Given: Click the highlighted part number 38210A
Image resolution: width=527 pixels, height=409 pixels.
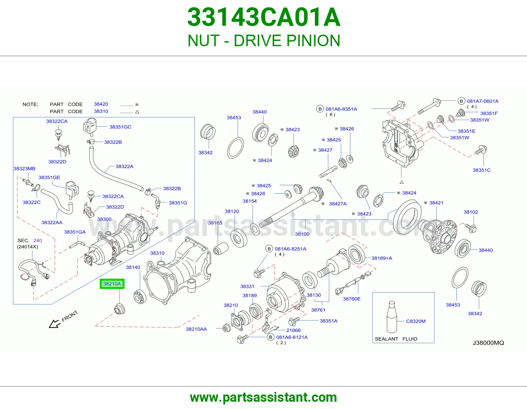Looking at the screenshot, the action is coord(112,284).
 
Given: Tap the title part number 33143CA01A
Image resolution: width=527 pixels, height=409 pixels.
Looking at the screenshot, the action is coord(264,17).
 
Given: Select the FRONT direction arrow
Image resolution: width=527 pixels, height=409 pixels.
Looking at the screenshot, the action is coord(55,324).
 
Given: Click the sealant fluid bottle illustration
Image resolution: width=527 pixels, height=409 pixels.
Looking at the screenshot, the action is coord(391,317).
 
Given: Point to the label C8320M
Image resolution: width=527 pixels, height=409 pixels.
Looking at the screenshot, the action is coord(416,321).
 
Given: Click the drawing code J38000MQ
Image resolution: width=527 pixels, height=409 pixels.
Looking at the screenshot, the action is coord(488,343).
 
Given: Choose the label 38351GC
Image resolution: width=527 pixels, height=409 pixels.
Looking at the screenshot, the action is coord(120,127).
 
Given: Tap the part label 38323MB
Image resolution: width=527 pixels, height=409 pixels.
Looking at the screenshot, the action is coord(24,169).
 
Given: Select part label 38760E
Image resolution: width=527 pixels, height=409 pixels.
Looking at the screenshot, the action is coord(352,299).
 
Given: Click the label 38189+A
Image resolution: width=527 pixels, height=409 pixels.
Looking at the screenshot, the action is coord(382,258).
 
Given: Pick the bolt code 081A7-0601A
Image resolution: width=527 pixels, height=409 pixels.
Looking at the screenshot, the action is coord(483,101).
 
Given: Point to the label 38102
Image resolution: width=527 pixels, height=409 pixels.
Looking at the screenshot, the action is coord(471,212).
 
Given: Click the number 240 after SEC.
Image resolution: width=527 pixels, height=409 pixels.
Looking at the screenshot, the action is coord(38,240).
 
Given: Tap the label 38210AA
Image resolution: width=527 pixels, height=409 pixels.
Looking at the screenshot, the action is coord(196,329).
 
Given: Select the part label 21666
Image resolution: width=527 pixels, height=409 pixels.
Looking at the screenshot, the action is coord(293,330).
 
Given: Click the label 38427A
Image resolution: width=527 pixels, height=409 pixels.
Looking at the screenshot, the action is coord(338,204).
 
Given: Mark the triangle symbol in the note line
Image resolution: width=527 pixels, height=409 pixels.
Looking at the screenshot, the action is coord(137,112).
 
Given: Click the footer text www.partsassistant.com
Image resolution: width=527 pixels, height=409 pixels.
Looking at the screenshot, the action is coord(263,397).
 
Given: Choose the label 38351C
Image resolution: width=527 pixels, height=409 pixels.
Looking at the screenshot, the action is coord(482,170).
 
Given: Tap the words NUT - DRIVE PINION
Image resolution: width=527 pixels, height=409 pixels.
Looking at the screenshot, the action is coord(264,41).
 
